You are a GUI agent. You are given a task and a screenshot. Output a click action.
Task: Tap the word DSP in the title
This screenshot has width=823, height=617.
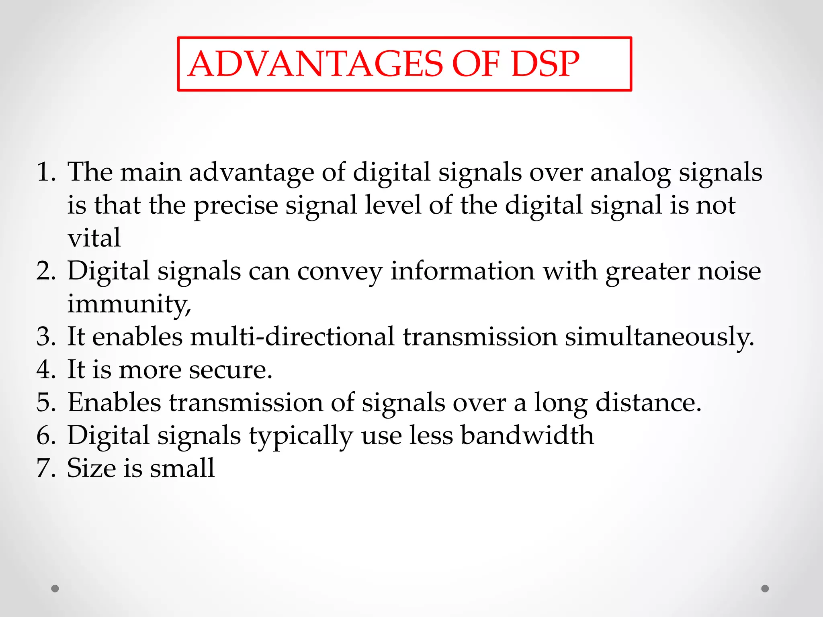point(545,64)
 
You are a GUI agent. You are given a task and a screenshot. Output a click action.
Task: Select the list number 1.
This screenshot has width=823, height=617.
point(45,172)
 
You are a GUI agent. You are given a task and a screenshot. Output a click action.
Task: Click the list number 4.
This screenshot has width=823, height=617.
point(45,370)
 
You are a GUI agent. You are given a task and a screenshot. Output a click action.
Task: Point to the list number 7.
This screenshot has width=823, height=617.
point(45,468)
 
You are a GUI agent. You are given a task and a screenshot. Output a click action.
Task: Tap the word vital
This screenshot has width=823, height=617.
point(94,238)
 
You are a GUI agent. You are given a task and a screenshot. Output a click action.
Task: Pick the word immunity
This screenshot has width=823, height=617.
point(129,304)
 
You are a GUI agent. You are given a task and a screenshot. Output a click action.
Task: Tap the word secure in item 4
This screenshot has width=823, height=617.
point(230,370)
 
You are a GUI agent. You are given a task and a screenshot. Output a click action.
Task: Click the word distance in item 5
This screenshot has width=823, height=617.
point(648,402)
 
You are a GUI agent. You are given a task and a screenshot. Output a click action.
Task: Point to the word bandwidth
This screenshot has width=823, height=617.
point(527,435)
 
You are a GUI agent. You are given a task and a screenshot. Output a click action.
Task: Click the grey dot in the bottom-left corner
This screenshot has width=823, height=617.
point(55,588)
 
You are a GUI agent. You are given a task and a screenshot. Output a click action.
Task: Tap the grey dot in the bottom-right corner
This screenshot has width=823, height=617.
point(765,588)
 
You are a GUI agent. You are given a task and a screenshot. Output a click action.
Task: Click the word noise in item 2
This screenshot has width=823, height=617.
point(729,271)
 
